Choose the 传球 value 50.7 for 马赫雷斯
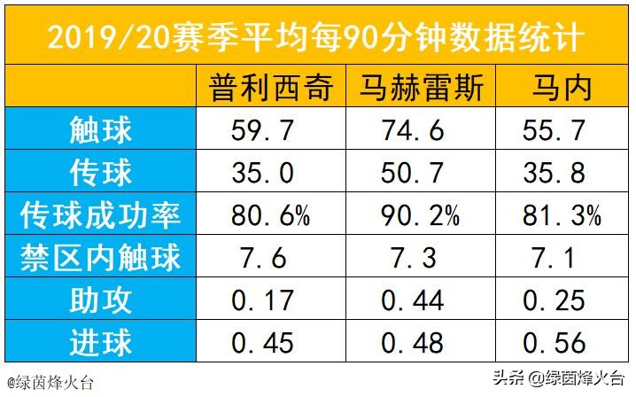pos(414,173)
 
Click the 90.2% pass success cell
pos(420,214)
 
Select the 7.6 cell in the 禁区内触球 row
pos(263,257)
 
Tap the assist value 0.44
pos(414,300)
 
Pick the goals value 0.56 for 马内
pos(555,342)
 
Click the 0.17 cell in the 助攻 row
pos(263,300)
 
